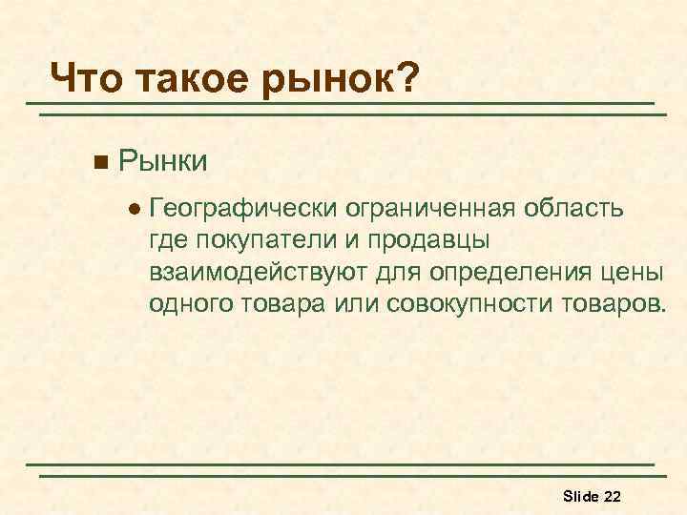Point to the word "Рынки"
163,158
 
